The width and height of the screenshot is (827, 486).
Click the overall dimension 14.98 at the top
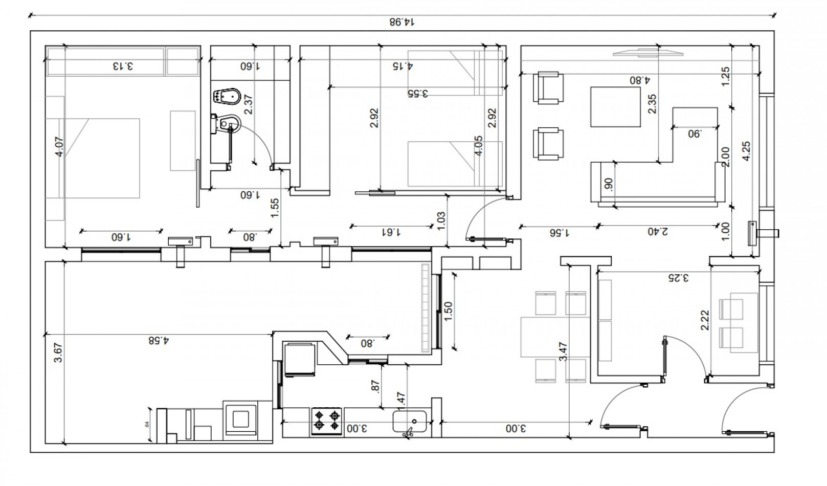(401, 22)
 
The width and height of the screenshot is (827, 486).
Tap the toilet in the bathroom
(227, 123)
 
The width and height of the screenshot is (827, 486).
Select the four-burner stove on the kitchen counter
(327, 421)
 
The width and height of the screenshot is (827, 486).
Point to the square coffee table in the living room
(615, 107)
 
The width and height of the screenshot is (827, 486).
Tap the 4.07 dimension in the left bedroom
(60, 146)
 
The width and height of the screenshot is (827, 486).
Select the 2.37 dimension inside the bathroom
(249, 104)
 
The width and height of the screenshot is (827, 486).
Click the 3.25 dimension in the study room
(678, 278)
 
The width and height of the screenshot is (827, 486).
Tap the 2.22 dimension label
(705, 320)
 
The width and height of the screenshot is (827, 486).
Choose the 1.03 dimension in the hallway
(442, 220)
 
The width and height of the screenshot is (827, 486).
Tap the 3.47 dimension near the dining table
(563, 352)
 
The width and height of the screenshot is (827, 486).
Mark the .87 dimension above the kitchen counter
(376, 386)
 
